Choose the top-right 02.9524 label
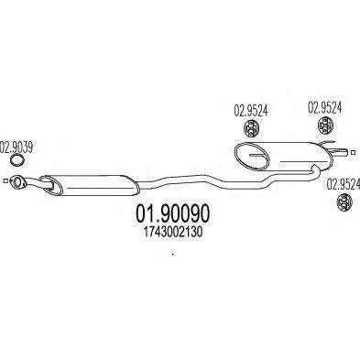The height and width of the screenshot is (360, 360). pyautogui.click(x=322, y=106)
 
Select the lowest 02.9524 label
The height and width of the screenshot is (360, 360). pyautogui.click(x=343, y=184)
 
